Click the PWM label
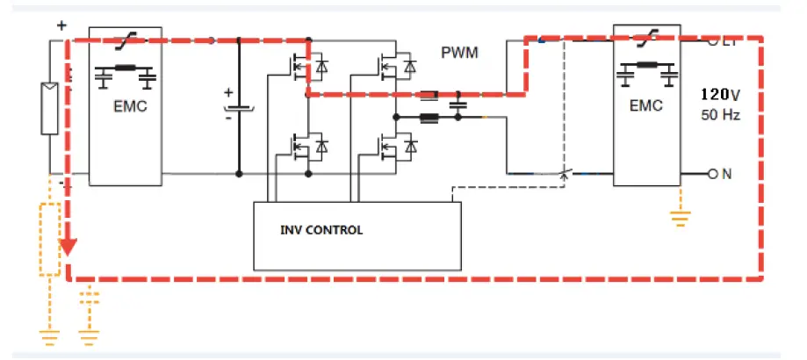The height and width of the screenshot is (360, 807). (x=460, y=53)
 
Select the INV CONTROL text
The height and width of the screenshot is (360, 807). (x=321, y=231)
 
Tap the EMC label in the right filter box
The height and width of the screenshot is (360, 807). (x=645, y=107)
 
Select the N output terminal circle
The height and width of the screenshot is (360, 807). (x=712, y=174)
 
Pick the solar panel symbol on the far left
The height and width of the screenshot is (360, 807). (x=50, y=108)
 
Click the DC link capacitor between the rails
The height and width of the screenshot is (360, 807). (x=239, y=109)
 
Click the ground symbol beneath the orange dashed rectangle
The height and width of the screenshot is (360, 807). (x=49, y=334)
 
